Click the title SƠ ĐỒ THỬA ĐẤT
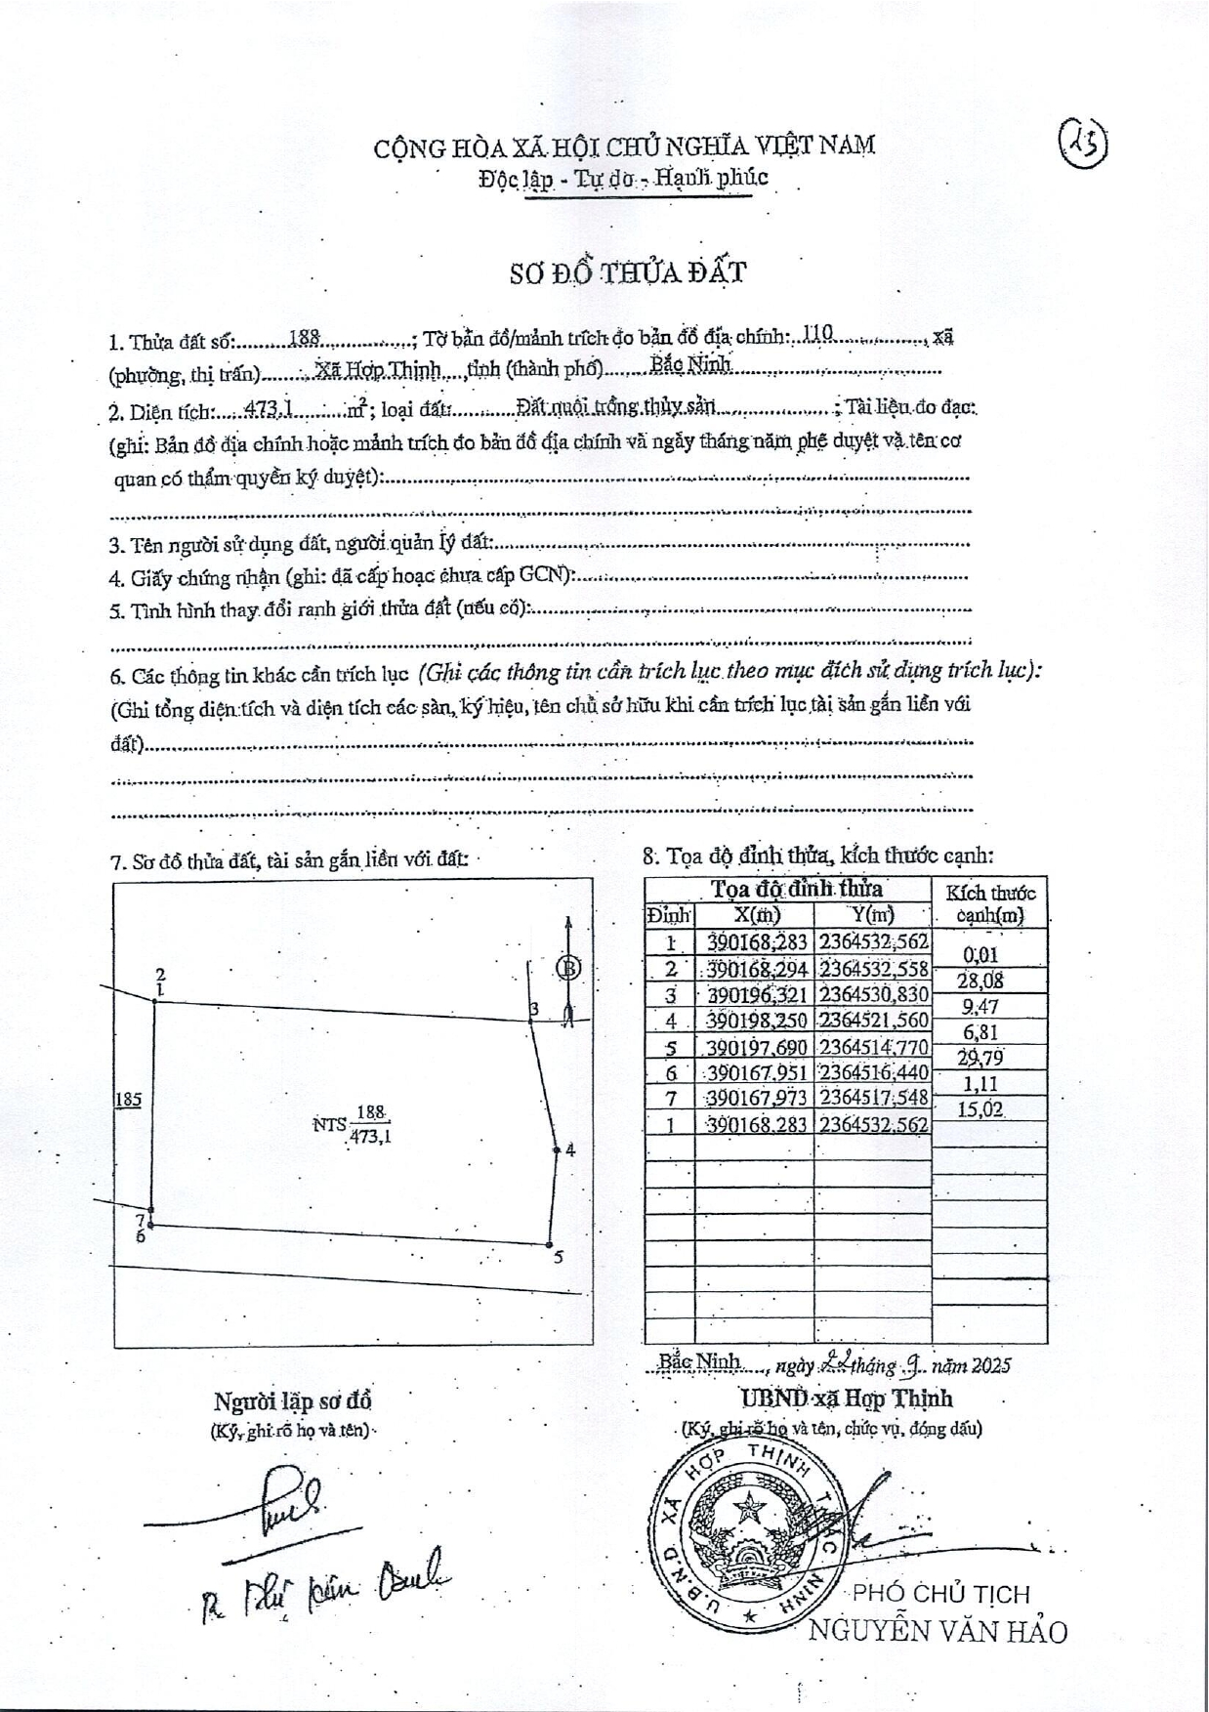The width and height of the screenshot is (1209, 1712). pos(628,272)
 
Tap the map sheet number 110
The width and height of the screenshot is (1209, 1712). pos(815,333)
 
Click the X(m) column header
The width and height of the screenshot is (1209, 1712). pos(757,915)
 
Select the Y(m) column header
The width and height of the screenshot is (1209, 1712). pos(873,915)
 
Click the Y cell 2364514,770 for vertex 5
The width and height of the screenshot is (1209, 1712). pos(873,1047)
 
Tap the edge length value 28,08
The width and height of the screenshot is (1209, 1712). pos(982,981)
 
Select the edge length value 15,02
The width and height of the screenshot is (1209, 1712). pos(982,1108)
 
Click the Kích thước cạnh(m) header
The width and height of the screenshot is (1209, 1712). pos(990,903)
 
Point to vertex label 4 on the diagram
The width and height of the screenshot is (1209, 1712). pos(570,1150)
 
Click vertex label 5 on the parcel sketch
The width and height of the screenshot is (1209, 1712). pos(559,1257)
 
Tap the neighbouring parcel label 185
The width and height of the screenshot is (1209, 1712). pos(128,1099)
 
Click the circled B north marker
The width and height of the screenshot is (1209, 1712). pos(568,968)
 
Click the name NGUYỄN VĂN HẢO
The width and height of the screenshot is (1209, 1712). pos(938,1631)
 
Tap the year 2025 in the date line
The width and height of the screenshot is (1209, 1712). pos(989,1364)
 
